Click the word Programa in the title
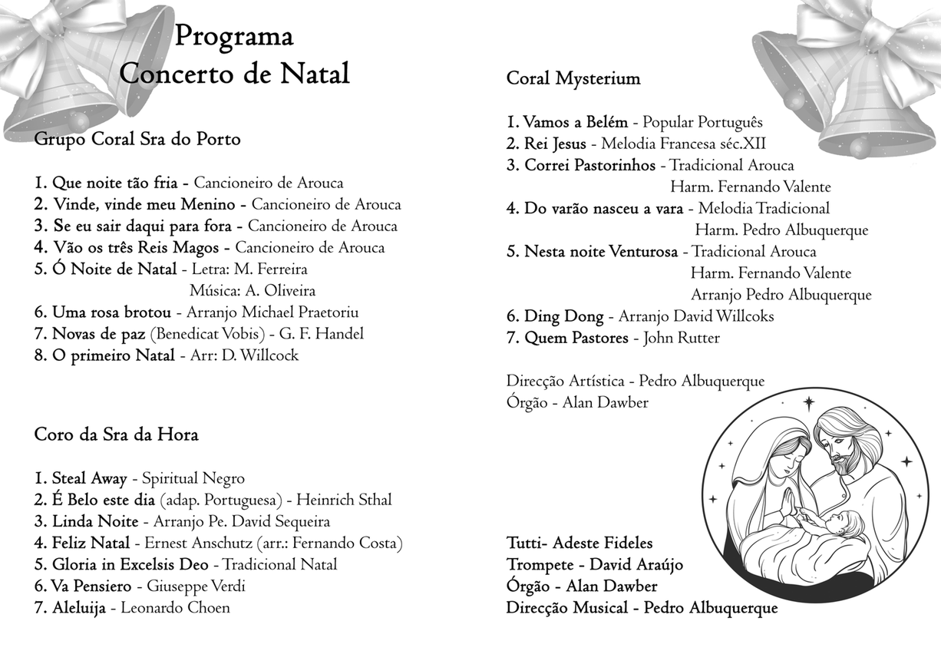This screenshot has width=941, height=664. pos(234,36)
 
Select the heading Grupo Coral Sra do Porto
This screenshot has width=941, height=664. pos(137,140)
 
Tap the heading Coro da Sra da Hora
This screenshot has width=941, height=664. pos(116,434)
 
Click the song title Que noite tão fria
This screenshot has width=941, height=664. pos(116,183)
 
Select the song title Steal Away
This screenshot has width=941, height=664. pos(89,479)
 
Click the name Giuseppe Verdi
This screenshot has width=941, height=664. pos(196,586)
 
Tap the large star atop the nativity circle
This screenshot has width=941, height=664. pos(809,401)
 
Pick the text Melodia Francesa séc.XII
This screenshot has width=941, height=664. pos(683,144)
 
